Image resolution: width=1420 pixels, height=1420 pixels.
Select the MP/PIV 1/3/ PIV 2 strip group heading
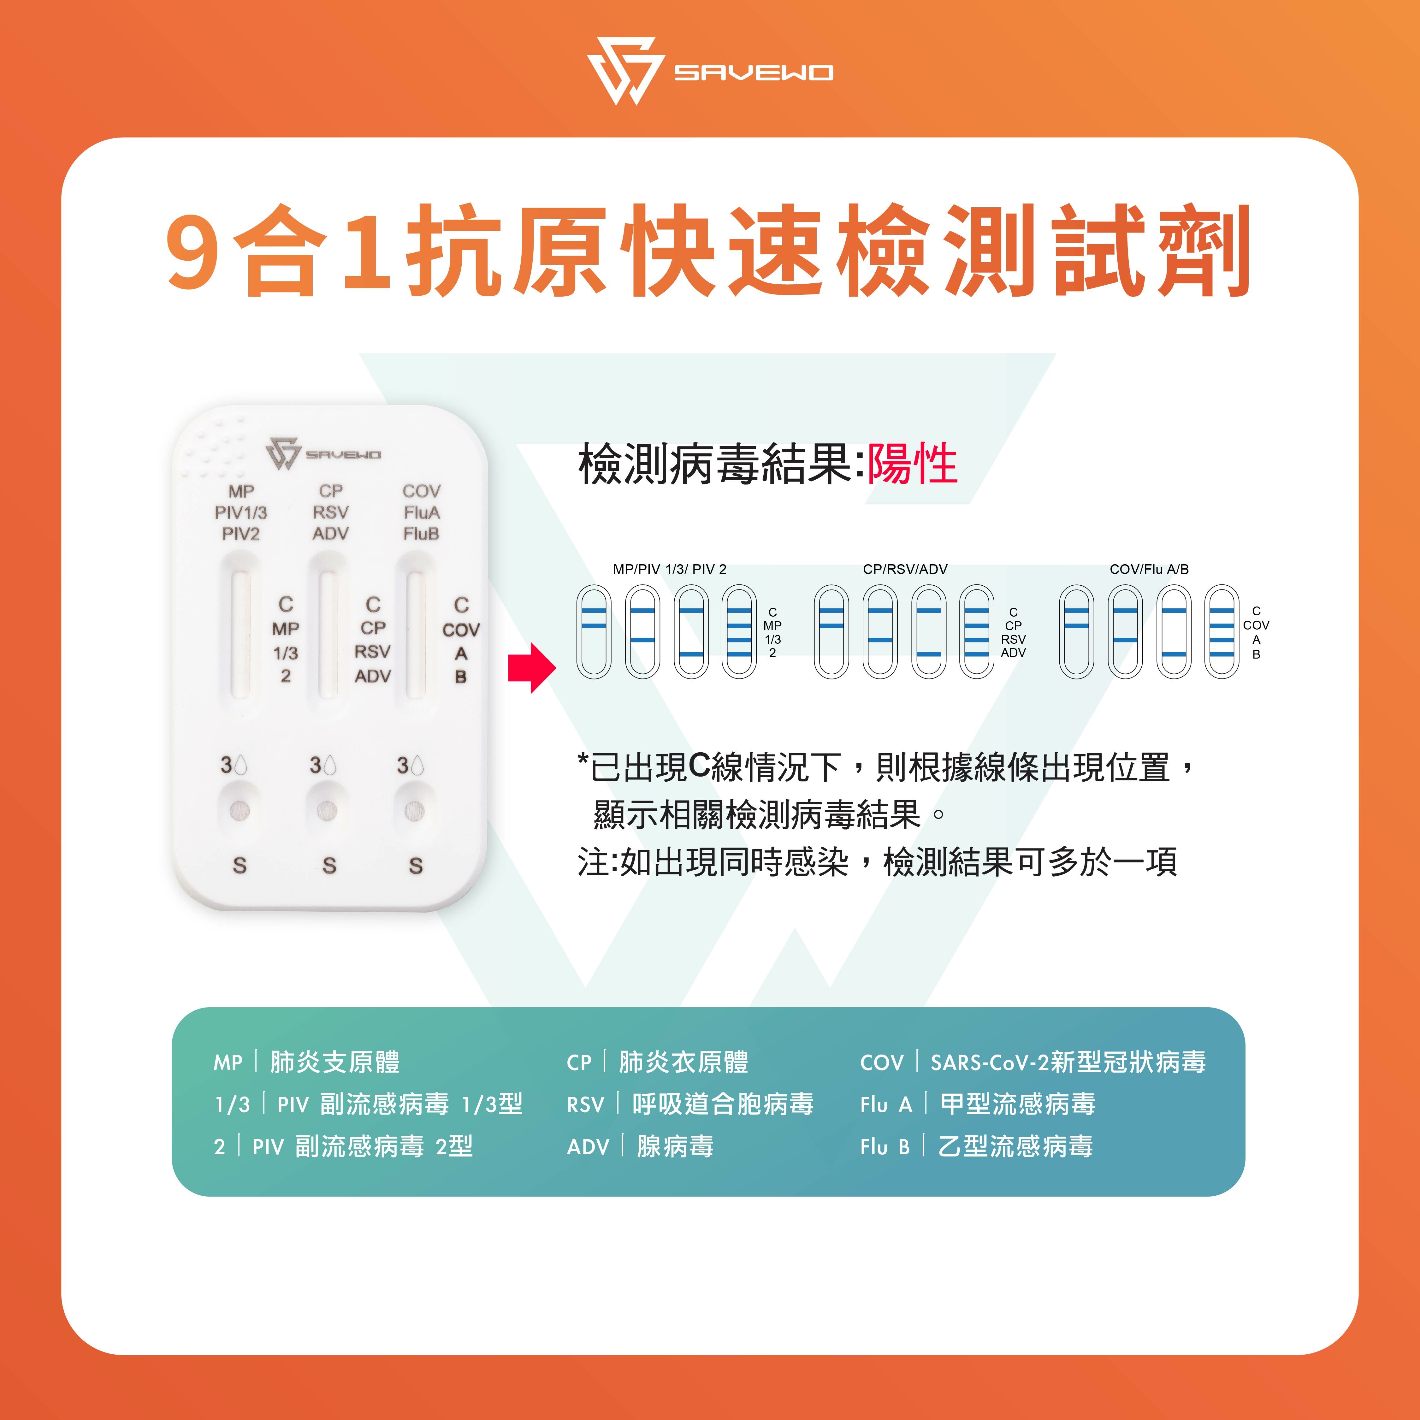[x=669, y=569]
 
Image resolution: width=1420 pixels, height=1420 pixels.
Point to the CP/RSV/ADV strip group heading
[x=905, y=569]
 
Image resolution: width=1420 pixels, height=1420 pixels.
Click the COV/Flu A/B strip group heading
[x=1149, y=569]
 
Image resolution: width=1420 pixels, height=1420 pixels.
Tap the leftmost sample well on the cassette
[x=240, y=810]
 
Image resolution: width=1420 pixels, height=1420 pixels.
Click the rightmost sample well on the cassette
[x=415, y=810]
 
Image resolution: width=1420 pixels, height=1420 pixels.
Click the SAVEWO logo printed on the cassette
[x=323, y=453]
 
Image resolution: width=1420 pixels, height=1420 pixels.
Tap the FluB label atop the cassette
[x=421, y=534]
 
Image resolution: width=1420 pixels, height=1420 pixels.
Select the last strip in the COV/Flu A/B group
[x=1222, y=631]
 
